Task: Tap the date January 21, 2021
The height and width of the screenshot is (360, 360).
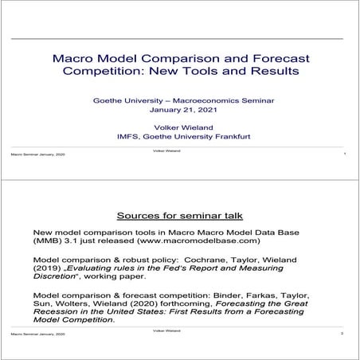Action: pos(182,110)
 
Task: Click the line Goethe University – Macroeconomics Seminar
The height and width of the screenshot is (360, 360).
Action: pos(182,100)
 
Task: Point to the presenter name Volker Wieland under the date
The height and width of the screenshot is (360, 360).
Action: pos(182,125)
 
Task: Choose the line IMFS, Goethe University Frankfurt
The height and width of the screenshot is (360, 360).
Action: pos(182,135)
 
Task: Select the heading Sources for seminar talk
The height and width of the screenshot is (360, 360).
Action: pos(179,216)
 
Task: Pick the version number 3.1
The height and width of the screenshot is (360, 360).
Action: pos(73,240)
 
